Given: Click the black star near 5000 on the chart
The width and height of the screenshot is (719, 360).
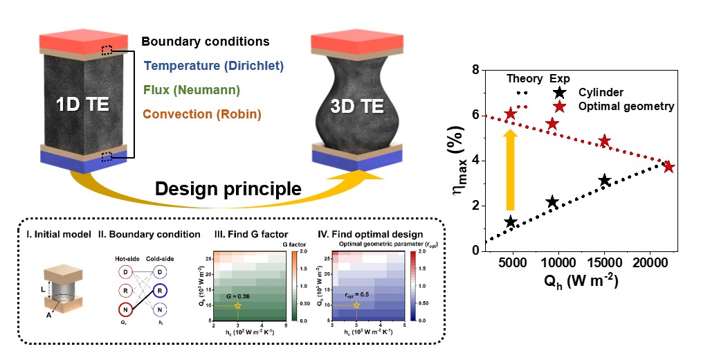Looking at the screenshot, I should tap(511, 222).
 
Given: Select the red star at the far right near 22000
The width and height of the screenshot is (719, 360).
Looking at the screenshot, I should tap(668, 167).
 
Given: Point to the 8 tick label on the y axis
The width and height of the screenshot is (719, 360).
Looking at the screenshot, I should tap(475, 70).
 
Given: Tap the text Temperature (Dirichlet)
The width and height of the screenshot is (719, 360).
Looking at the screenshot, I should tap(214, 66).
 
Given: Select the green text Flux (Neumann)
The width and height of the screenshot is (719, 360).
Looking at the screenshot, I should tap(192, 89).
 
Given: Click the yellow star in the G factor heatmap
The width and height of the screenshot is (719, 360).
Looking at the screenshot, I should tap(237, 305).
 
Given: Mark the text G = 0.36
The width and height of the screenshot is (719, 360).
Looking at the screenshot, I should tap(237, 296).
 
